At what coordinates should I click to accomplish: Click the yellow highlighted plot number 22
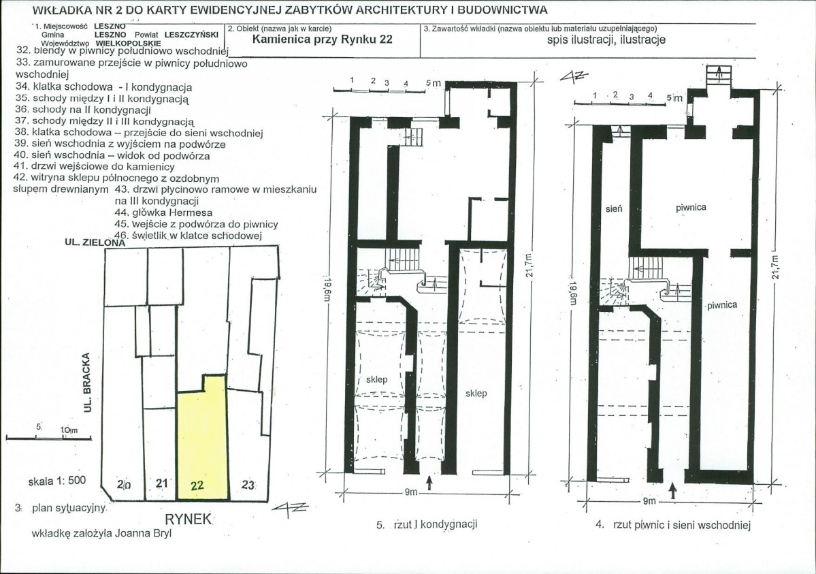click(x=197, y=485)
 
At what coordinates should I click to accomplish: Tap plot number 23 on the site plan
click(x=248, y=485)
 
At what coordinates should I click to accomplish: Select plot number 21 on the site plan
click(x=162, y=483)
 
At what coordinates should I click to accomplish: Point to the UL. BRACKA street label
click(x=87, y=383)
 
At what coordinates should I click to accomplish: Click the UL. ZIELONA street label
click(x=95, y=242)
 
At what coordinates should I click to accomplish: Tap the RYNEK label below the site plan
click(x=189, y=520)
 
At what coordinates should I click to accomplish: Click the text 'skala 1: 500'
click(x=56, y=481)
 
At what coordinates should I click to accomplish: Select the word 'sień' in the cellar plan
click(x=614, y=208)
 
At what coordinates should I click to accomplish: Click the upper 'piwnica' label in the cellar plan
click(x=691, y=207)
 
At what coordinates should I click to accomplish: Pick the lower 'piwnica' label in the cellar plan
click(x=722, y=305)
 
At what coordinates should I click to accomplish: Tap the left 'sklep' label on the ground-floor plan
click(x=376, y=380)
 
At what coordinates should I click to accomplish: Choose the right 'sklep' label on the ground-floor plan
click(x=476, y=394)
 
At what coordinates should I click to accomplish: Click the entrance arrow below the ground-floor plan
click(x=429, y=483)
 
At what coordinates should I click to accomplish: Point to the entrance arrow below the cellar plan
click(x=672, y=490)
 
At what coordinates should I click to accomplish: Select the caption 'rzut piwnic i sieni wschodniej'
click(x=682, y=525)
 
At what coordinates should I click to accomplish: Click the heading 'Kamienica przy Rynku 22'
click(x=322, y=39)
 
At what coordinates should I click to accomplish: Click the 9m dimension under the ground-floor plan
click(x=411, y=492)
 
